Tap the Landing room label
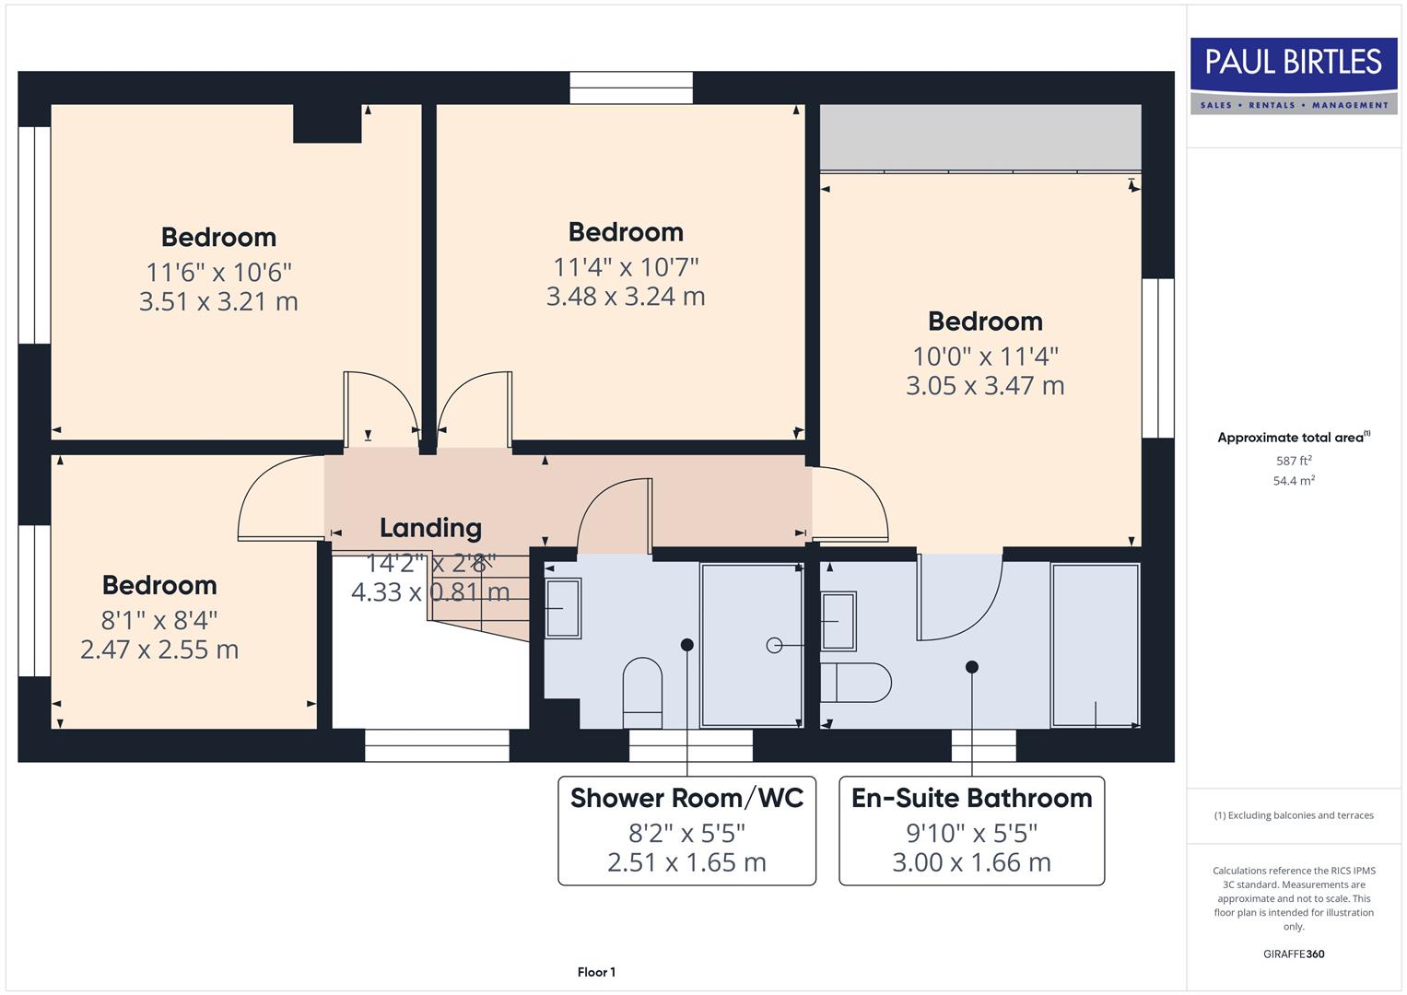[430, 528]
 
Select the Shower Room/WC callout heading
[686, 798]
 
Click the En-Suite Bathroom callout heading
[971, 798]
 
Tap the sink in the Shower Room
[563, 608]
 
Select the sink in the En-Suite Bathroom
[838, 621]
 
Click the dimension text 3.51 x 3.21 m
[218, 302]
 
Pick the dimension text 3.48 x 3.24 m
[626, 297]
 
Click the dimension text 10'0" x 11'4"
[985, 357]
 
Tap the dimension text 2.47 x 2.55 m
[159, 650]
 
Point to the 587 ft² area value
[1294, 461]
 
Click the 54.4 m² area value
[1294, 481]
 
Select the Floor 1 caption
[596, 972]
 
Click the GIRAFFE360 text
[1294, 954]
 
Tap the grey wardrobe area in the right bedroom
[980, 136]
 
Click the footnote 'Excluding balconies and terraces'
[1294, 815]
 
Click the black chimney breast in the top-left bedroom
[327, 123]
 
